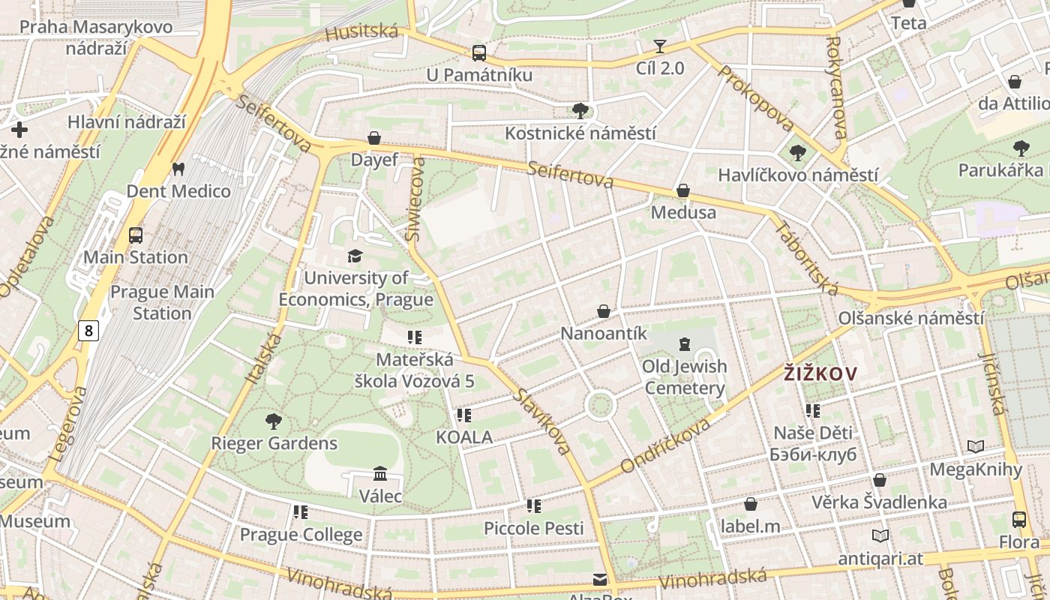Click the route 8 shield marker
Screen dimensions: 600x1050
pyautogui.click(x=89, y=331)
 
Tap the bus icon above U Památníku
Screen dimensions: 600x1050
pyautogui.click(x=478, y=53)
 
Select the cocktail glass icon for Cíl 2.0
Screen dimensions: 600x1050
pyautogui.click(x=659, y=46)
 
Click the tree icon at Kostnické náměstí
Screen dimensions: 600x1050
pyautogui.click(x=580, y=111)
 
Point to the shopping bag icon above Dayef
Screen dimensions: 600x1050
pyautogui.click(x=374, y=138)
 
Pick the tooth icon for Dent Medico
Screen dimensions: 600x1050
pyautogui.click(x=178, y=169)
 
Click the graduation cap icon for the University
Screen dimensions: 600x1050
pyautogui.click(x=355, y=256)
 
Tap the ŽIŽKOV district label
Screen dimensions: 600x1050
pyautogui.click(x=820, y=373)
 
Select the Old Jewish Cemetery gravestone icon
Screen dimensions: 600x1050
pyautogui.click(x=684, y=344)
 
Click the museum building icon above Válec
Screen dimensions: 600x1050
pyautogui.click(x=380, y=474)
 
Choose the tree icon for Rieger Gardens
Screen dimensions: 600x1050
pyautogui.click(x=274, y=421)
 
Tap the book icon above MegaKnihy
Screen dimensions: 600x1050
pyautogui.click(x=975, y=447)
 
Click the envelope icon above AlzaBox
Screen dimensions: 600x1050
pyautogui.click(x=599, y=579)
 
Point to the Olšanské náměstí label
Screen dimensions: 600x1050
pyautogui.click(x=911, y=318)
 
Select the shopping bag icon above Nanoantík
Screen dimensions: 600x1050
pyautogui.click(x=604, y=310)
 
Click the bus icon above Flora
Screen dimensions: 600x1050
pyautogui.click(x=1019, y=519)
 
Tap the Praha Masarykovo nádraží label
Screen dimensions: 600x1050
pyautogui.click(x=96, y=37)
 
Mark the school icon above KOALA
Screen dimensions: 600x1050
pyautogui.click(x=464, y=415)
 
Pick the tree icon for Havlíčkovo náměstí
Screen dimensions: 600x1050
pyautogui.click(x=797, y=153)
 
